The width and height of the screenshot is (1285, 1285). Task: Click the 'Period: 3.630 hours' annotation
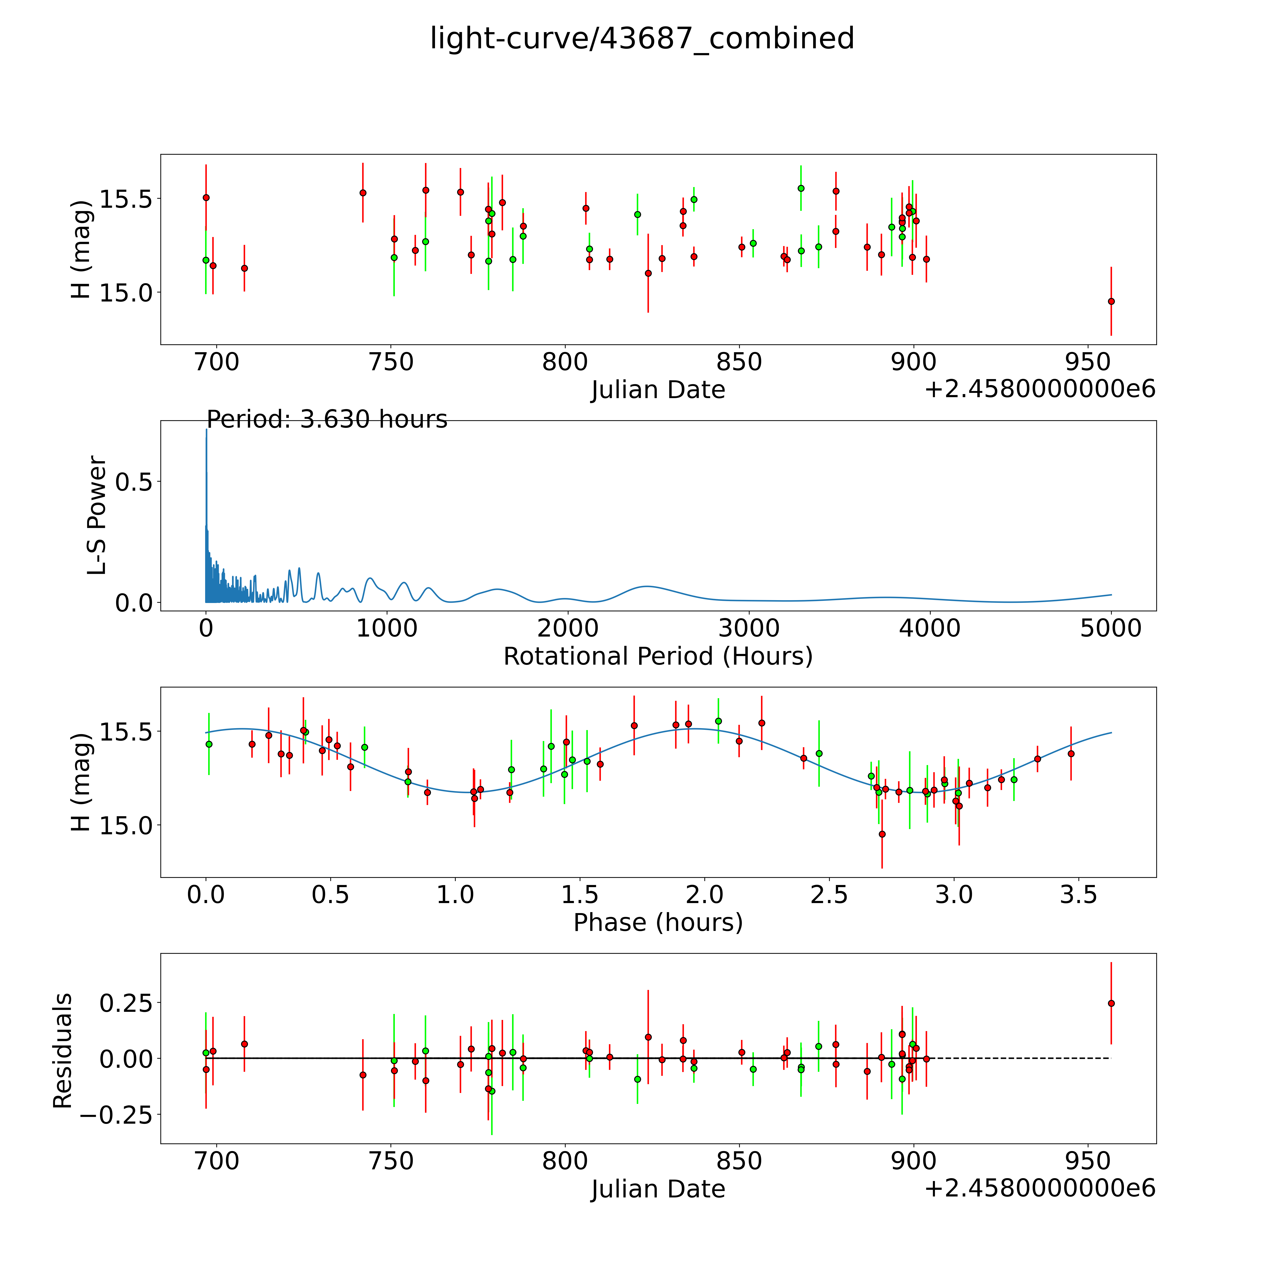(326, 420)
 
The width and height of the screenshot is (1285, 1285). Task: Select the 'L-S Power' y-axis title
(97, 515)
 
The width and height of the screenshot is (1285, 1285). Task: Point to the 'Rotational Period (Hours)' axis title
(658, 657)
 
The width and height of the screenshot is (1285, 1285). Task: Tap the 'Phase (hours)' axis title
(658, 923)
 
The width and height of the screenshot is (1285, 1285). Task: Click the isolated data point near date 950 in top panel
(1111, 301)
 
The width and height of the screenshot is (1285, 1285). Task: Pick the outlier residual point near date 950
(1111, 1004)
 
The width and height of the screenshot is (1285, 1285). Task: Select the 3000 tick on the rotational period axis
(749, 628)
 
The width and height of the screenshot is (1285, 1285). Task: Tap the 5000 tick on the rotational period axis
(1111, 628)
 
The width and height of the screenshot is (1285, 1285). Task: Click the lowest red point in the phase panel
(882, 834)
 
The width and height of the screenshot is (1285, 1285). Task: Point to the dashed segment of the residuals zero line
(1018, 1058)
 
